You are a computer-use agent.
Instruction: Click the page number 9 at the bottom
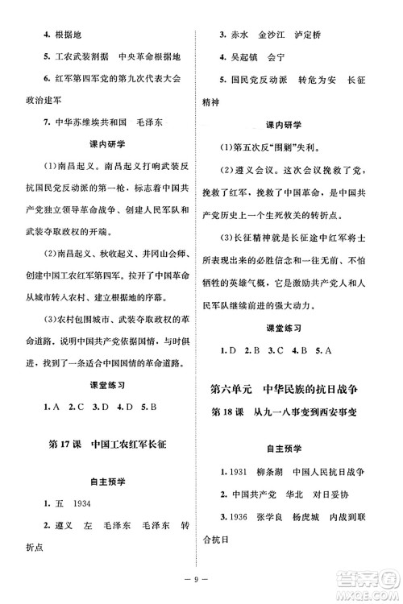click(x=201, y=577)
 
